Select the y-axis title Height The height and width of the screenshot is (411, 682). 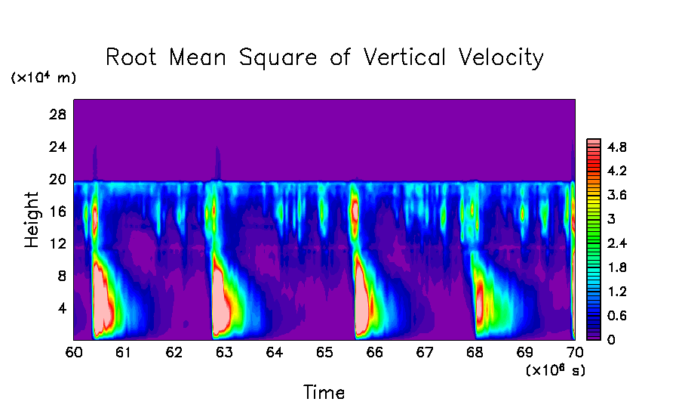tap(32, 220)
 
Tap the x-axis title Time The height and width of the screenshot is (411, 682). tap(324, 393)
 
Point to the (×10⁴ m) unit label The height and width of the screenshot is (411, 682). tap(43, 78)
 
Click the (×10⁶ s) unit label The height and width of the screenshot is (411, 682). tap(555, 370)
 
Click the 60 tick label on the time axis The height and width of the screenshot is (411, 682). tap(73, 352)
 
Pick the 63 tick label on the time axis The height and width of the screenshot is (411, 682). tap(224, 352)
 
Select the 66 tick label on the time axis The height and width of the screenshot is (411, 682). tap(374, 352)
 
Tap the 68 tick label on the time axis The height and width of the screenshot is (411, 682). tap(475, 352)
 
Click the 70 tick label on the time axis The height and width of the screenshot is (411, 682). tap(575, 352)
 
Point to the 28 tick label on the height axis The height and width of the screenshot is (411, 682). tap(59, 115)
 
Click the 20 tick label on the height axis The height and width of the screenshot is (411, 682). tap(59, 179)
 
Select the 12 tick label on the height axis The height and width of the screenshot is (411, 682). tap(59, 243)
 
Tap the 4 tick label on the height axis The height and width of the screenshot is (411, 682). tap(63, 307)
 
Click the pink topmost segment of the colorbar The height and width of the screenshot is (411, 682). tap(594, 142)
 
